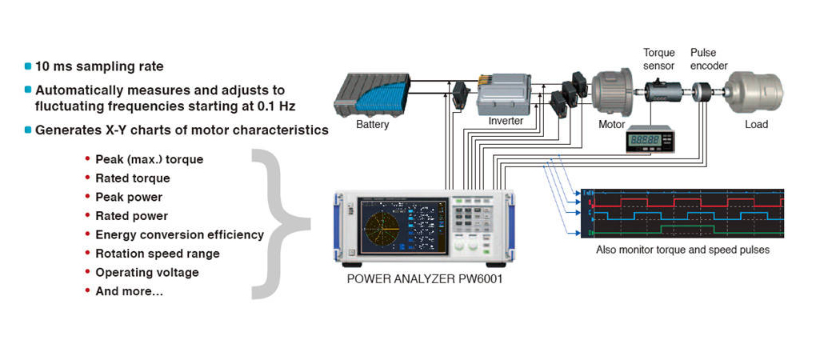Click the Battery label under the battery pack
pos(373,125)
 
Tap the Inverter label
pos(506,122)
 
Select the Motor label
pos(611,125)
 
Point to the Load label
pos(756,125)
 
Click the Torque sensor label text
pos(659,59)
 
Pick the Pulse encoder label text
pos(709,59)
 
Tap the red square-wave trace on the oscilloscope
pos(680,203)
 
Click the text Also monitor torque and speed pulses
pos(682,250)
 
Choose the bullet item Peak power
pos(128,197)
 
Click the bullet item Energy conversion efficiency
pos(179,234)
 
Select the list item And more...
pos(129,291)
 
